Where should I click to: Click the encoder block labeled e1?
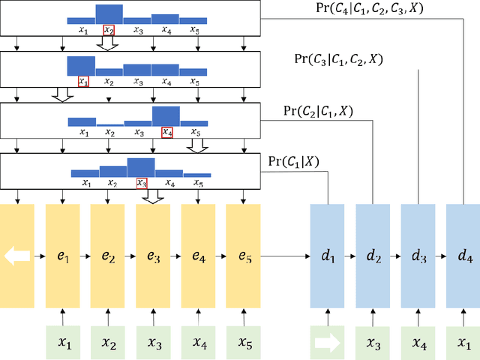tap(62, 256)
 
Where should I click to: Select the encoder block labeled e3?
tap(152, 256)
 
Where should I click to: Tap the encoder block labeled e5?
tap(242, 256)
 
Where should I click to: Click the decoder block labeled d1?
tap(327, 256)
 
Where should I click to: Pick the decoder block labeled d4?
tap(463, 256)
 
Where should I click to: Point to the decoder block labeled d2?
tap(373, 256)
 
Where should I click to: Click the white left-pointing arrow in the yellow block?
tap(17, 256)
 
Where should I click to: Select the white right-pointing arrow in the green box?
tap(327, 342)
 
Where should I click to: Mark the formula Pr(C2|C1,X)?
tap(318, 111)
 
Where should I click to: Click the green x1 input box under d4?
tap(463, 342)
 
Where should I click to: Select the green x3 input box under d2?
tap(373, 342)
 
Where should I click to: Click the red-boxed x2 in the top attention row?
tap(109, 31)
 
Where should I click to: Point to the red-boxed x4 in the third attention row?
tap(167, 132)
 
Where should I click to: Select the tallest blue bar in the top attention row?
tap(109, 13)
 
